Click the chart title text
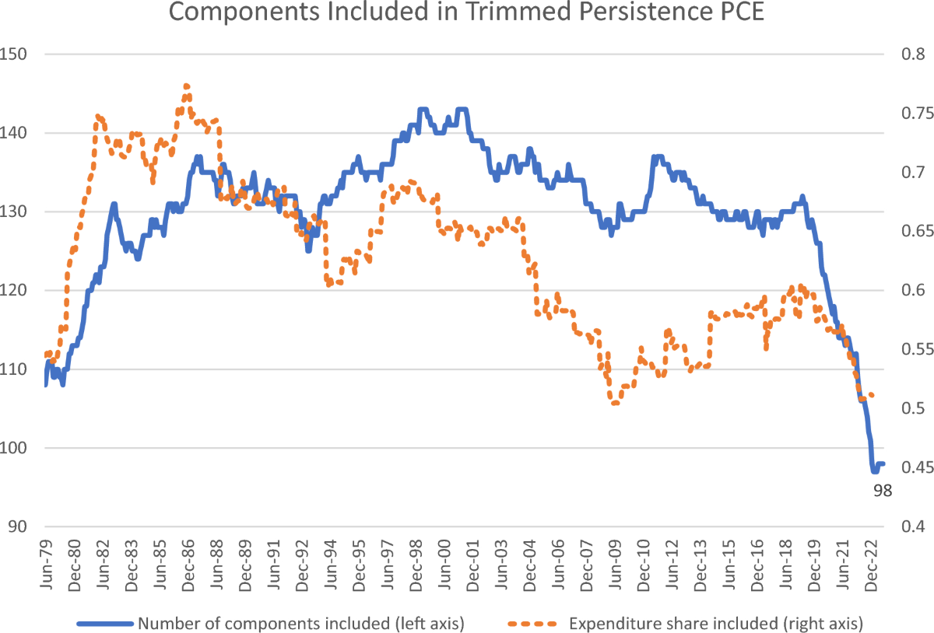467,13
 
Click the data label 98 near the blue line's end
882,490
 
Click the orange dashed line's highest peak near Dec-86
187,86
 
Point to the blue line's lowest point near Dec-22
875,471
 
